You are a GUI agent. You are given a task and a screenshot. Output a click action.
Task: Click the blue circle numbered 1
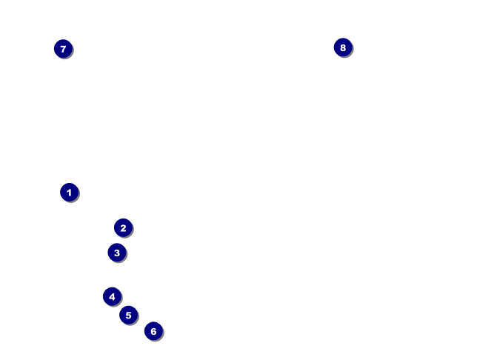tap(69, 193)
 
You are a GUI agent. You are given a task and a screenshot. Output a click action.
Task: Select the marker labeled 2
tap(123, 228)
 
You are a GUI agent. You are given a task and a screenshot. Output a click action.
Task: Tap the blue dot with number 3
tap(117, 253)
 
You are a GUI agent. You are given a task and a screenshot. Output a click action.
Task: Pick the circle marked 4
tap(112, 296)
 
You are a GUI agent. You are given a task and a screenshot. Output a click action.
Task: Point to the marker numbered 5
tap(128, 315)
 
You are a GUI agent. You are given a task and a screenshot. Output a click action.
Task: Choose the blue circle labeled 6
tap(153, 331)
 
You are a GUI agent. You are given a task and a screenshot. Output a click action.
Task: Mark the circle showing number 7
tap(63, 49)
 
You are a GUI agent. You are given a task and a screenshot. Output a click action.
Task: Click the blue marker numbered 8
tap(342, 47)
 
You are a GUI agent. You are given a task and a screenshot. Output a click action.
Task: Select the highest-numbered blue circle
tap(342, 47)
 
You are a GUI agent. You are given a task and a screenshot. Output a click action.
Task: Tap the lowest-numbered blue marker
tap(69, 193)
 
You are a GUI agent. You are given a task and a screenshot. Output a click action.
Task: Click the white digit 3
tap(117, 253)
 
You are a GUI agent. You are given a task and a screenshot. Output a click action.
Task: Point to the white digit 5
tap(128, 315)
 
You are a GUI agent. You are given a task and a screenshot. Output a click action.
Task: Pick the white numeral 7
tap(63, 49)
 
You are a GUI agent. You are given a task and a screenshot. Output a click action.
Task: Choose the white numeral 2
tap(123, 228)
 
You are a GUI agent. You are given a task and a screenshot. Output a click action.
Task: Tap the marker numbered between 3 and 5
tap(112, 296)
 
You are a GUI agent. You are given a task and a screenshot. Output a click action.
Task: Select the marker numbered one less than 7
tap(153, 331)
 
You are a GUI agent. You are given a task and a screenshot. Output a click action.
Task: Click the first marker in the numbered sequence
tap(69, 193)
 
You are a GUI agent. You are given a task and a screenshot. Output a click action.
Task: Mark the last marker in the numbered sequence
tap(342, 47)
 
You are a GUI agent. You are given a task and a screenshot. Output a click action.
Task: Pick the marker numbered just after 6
tap(63, 49)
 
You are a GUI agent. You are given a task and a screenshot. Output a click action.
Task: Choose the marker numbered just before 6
tap(128, 315)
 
